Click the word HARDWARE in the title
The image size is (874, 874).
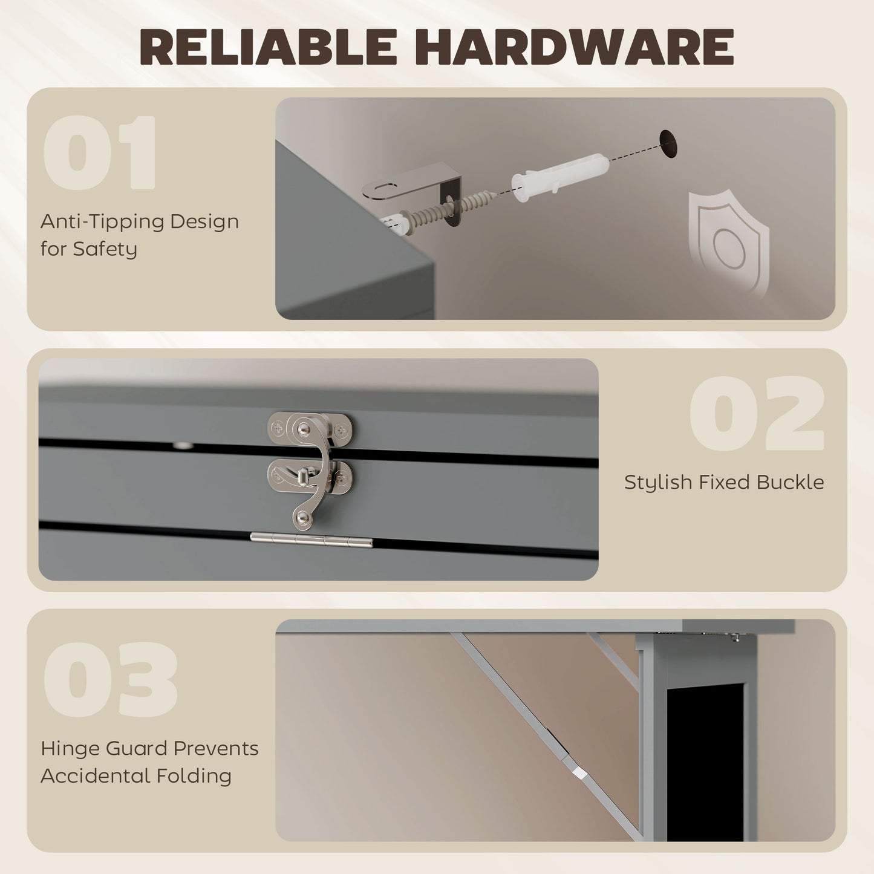click(x=579, y=47)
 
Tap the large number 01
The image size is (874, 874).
click(x=100, y=152)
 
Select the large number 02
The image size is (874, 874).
click(x=757, y=413)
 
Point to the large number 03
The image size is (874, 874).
click(x=110, y=679)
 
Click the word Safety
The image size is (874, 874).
click(x=105, y=249)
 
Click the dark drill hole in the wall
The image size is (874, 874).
click(x=668, y=144)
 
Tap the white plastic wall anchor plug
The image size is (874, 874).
click(x=560, y=176)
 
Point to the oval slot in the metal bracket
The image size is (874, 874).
click(x=385, y=187)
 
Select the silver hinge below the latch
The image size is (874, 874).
click(x=311, y=540)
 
